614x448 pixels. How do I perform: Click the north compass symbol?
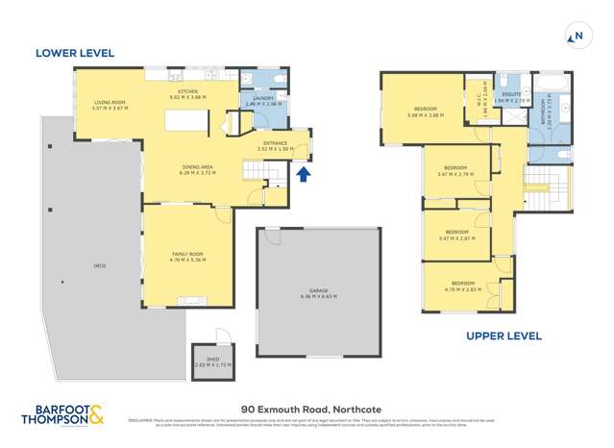(x=577, y=37)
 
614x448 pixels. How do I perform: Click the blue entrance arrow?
(x=304, y=174)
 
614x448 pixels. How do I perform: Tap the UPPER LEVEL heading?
(x=503, y=336)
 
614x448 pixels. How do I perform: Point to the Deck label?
(x=99, y=265)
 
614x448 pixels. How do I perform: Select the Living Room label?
(x=111, y=105)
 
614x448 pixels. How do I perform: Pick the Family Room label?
(x=187, y=255)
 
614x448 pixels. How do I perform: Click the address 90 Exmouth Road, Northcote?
(x=307, y=407)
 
